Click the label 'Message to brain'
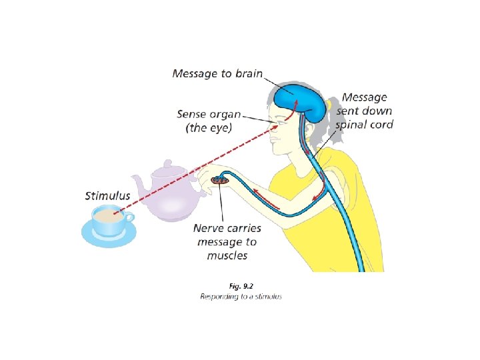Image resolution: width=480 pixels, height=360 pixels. pos(217,73)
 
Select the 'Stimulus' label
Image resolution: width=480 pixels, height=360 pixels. pos(107,196)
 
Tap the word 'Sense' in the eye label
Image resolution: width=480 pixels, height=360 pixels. pos(193,114)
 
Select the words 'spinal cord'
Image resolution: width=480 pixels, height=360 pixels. pos(365,125)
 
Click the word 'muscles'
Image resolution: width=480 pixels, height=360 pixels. pos(227,255)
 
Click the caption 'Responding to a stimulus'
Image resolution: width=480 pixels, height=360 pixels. pos(241,296)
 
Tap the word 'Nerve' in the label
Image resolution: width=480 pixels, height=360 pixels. pos(209,228)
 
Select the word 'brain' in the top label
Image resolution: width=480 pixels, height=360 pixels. pos(246,73)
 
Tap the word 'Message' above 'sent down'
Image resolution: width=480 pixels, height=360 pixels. pos(365,97)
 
